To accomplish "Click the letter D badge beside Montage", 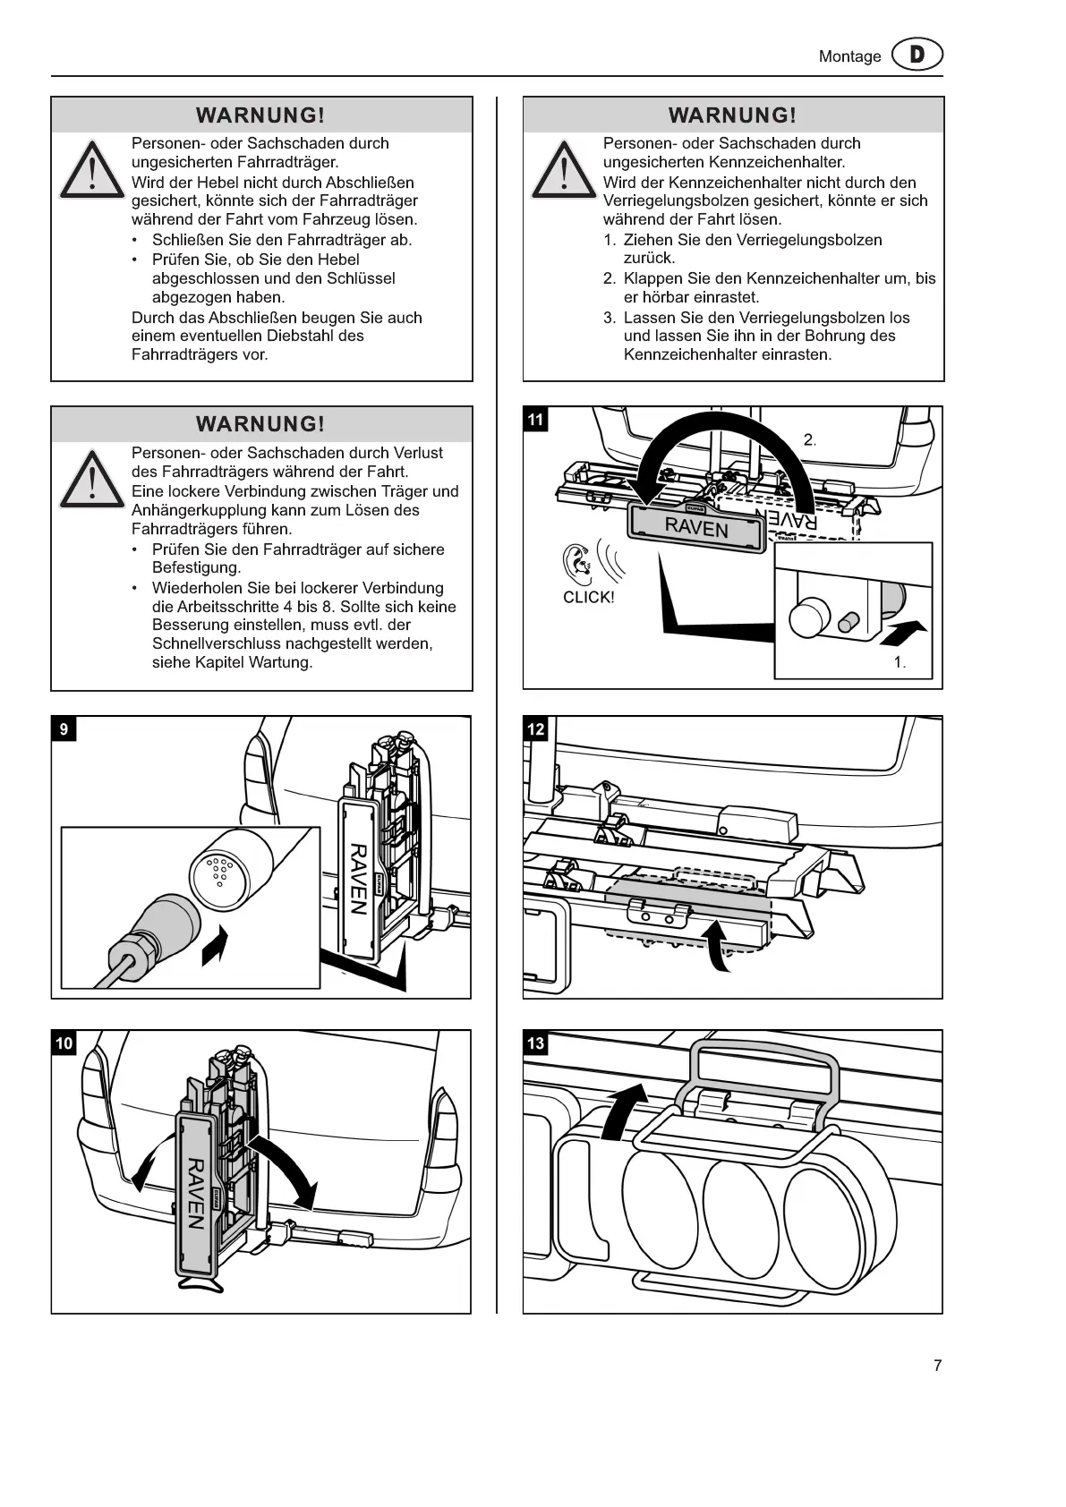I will tap(917, 55).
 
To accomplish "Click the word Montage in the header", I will tap(849, 56).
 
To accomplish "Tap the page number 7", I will tap(937, 1366).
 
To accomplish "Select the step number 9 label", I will tap(64, 729).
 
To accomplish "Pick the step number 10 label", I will tap(64, 1043).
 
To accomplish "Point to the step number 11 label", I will tap(535, 420).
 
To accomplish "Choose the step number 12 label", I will tap(535, 729).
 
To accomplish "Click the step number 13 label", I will tap(535, 1043).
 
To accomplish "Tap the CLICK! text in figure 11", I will tap(588, 598).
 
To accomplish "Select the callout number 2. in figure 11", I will tap(809, 439).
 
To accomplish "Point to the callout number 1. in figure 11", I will tap(900, 663).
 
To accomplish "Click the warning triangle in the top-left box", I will tap(91, 171).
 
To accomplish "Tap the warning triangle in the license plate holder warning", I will tap(563, 171).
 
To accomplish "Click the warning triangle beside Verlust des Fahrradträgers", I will tap(91, 481).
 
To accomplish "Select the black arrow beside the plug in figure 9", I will tap(214, 946).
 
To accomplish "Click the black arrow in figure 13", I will tap(624, 1111).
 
